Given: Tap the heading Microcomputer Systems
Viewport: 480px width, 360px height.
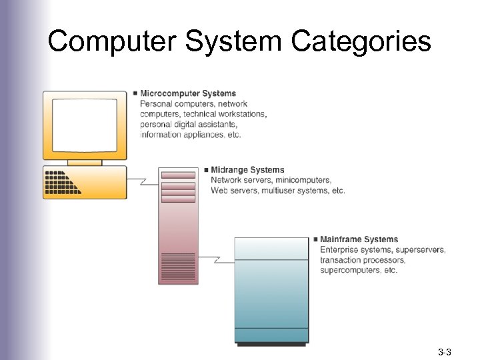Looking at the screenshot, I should click(187, 93).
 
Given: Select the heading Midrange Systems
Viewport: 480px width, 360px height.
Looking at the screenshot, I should click(247, 170).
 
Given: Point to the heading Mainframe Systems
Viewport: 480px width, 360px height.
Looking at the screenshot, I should click(359, 239).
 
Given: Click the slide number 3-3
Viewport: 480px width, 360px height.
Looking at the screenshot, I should click(445, 351).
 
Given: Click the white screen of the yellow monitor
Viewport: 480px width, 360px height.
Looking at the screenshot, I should click(85, 125).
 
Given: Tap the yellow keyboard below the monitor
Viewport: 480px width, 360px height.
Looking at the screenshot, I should click(85, 182).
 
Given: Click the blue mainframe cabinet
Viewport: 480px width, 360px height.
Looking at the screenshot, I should click(271, 293).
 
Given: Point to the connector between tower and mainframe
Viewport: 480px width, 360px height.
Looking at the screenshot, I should click(215, 259).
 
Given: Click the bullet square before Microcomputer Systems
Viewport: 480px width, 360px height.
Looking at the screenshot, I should click(135, 93).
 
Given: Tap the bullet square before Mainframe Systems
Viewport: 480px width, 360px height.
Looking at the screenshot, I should click(315, 239).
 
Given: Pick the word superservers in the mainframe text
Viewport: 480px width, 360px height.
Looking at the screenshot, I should click(421, 250).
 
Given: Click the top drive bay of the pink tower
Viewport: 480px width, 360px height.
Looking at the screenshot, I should click(178, 175).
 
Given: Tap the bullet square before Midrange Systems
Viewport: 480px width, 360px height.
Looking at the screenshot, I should click(206, 170).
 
